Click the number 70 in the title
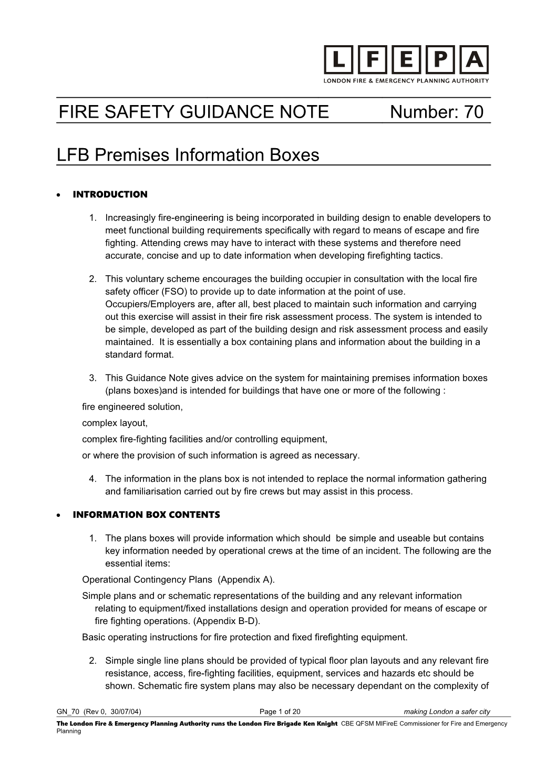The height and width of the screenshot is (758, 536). tap(473, 112)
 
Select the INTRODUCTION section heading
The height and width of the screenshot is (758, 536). tap(110, 194)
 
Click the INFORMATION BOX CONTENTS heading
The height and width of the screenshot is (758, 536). tap(146, 515)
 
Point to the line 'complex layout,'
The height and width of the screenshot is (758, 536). tap(115, 423)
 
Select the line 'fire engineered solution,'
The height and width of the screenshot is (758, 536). tap(132, 407)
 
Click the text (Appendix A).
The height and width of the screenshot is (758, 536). tap(246, 580)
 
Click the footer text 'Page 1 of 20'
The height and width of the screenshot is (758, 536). tap(280, 712)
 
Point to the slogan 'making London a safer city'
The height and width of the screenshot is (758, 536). tap(447, 712)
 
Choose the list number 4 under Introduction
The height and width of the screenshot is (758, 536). tap(92, 479)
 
